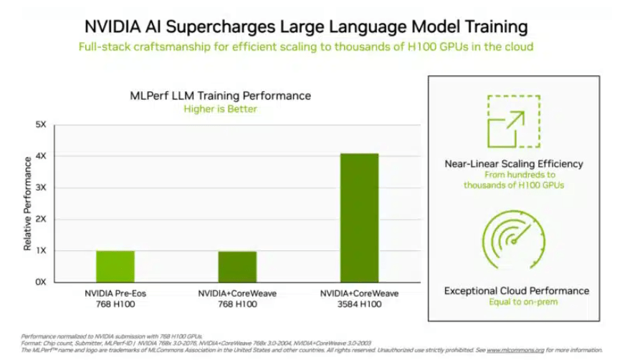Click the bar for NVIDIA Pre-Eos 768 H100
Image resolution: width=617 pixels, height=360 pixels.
(115, 266)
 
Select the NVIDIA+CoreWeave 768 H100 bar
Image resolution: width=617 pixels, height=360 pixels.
(237, 266)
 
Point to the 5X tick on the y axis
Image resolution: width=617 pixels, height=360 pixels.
(41, 125)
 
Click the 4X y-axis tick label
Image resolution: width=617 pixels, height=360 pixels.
(41, 156)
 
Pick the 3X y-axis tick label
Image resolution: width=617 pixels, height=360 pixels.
(41, 188)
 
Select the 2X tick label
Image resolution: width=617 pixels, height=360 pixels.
(41, 219)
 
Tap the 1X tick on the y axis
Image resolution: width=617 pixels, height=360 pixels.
(41, 251)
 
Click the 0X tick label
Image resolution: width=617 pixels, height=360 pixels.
(41, 282)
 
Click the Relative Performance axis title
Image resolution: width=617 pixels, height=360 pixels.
(27, 204)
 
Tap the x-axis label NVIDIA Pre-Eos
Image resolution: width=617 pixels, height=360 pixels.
(115, 293)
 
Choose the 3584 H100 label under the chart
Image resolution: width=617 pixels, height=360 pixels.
(359, 304)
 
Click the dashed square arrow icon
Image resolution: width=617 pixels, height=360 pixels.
(514, 123)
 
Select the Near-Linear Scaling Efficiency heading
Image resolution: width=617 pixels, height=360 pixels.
(514, 164)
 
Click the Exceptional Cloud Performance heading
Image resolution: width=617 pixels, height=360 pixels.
(516, 290)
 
